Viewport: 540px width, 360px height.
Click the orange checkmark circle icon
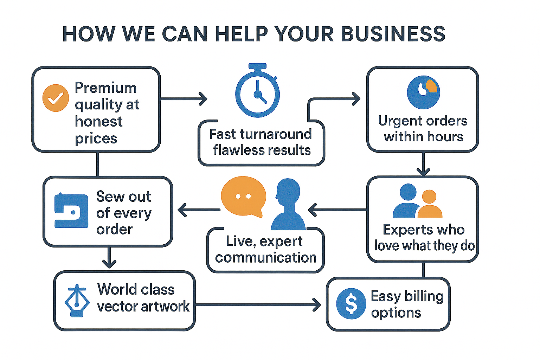point(56,98)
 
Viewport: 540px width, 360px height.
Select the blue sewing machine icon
point(71,211)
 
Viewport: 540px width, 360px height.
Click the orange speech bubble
point(243,196)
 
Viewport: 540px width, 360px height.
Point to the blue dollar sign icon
point(351,303)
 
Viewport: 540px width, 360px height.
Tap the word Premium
point(106,88)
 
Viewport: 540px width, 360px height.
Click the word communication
point(266,258)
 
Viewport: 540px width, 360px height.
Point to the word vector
point(117,307)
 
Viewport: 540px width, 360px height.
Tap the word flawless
point(236,150)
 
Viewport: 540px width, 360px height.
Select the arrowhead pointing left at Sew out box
point(181,210)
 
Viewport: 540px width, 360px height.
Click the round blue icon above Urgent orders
point(423,92)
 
